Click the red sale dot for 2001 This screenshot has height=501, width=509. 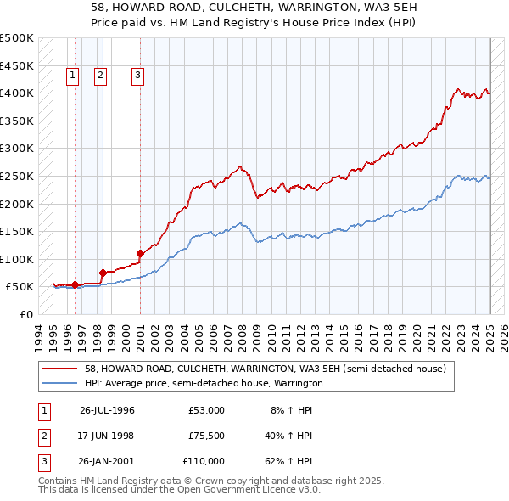(140, 252)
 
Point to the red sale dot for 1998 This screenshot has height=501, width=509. (103, 273)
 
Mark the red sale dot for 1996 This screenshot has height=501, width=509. (75, 285)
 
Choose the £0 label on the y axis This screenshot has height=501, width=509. (26, 314)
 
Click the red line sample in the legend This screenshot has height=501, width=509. (61, 368)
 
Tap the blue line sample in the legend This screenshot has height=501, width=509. (61, 383)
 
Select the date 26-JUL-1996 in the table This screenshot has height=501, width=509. (107, 410)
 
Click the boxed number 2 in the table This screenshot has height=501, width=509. (43, 436)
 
